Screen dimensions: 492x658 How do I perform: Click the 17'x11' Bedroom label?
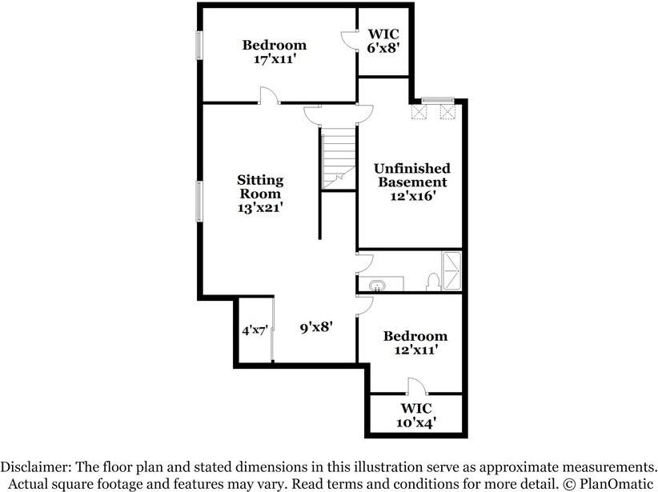click(275, 52)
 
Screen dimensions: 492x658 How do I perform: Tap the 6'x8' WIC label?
click(383, 41)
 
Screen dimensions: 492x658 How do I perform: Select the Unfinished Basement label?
click(412, 181)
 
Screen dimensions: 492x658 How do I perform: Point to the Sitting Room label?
click(259, 193)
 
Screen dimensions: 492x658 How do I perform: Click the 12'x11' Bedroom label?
click(415, 342)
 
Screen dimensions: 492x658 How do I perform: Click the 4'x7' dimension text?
click(254, 329)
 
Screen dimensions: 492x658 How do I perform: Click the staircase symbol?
click(339, 160)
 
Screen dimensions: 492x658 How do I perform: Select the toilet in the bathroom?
click(433, 282)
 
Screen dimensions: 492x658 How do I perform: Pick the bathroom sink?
click(377, 285)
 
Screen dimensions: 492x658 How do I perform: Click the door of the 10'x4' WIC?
click(418, 386)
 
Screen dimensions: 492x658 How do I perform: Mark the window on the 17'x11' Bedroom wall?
click(199, 46)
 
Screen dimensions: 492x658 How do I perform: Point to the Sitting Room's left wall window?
click(199, 201)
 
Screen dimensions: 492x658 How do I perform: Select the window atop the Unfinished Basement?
click(437, 100)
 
